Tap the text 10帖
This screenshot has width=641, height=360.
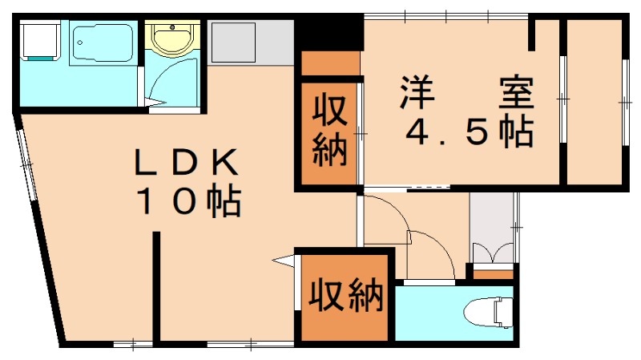pos(189,201)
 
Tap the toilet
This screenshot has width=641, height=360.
pos(490,312)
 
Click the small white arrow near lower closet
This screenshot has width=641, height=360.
pos(283,259)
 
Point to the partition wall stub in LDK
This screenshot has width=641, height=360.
pos(157,289)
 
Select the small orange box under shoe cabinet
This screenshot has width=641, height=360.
pos(492,275)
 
